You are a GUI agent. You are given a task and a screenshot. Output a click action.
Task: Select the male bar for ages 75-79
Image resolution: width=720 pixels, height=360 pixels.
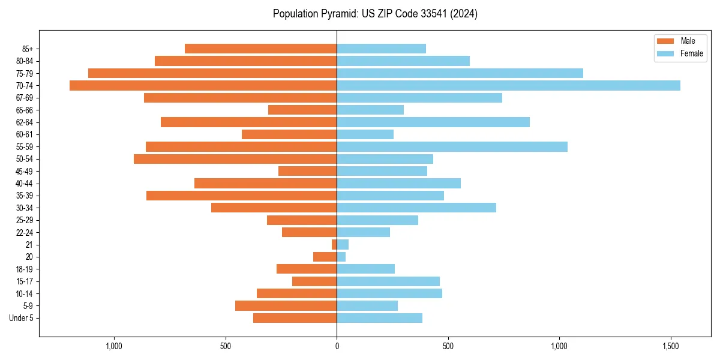point(212,73)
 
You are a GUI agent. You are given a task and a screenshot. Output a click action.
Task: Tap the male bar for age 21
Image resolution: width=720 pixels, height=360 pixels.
point(334,244)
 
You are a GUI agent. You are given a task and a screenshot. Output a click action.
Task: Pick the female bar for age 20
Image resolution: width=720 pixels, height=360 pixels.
point(341,257)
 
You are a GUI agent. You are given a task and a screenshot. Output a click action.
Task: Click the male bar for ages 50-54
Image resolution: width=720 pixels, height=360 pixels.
point(235,159)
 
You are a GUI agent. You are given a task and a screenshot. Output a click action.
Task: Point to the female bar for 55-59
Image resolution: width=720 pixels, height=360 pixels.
point(452,146)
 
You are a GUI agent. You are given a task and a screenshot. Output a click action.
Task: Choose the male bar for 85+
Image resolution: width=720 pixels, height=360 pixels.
point(260,49)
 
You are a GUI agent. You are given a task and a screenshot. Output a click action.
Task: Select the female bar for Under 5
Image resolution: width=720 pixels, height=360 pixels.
point(379,318)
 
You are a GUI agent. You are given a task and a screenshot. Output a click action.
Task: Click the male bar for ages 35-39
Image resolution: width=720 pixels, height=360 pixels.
point(241,196)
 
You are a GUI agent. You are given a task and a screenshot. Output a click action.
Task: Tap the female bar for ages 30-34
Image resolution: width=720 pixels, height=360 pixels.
point(416,208)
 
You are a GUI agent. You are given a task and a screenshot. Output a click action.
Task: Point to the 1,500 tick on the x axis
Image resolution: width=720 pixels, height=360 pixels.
point(671,346)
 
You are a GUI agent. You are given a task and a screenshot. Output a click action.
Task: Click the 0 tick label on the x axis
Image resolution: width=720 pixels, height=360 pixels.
point(337,346)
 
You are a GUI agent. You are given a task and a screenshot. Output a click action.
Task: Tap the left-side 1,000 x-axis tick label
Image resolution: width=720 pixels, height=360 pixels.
point(114,346)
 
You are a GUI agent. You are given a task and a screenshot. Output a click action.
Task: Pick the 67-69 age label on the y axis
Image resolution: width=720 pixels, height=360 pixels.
point(25,98)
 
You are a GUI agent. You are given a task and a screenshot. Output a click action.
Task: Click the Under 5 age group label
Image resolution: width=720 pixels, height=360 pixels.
point(21,318)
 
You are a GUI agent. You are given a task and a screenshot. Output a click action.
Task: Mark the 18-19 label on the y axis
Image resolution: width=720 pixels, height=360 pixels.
point(25,269)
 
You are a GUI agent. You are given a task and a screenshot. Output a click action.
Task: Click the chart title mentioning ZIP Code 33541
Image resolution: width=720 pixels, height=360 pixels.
point(375,14)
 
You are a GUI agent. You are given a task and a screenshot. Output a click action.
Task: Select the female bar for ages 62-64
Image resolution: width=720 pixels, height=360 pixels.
point(433,122)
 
